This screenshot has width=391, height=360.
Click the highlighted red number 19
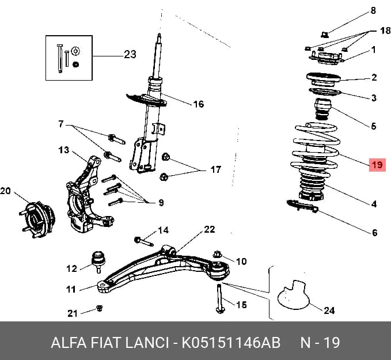(x=377, y=165)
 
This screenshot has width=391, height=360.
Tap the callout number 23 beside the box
(x=130, y=54)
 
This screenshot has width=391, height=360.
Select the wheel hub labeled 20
(x=37, y=220)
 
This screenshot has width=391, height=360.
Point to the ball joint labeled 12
(x=98, y=262)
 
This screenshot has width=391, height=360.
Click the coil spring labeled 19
(x=316, y=150)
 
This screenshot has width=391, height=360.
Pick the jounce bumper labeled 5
(x=322, y=109)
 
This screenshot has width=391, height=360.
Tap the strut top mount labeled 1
(x=327, y=59)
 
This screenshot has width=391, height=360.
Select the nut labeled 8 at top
(x=324, y=35)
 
